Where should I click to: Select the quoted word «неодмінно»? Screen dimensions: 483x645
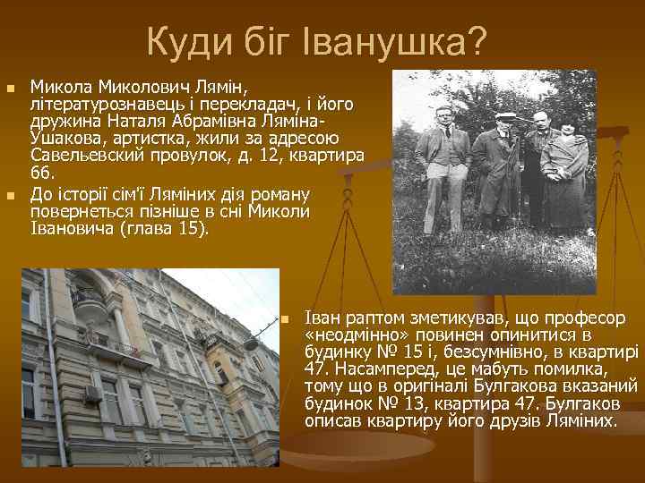point(353,336)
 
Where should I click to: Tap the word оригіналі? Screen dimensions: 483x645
point(415,386)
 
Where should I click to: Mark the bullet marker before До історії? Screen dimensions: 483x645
point(11,195)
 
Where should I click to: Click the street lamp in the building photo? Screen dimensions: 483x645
point(252,342)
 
